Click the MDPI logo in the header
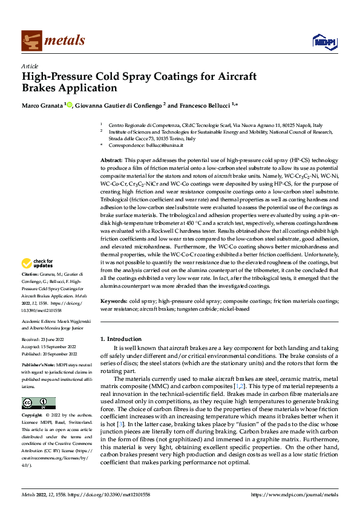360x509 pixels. point(322,41)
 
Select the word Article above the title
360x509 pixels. point(30,66)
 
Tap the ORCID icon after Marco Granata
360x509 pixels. point(70,105)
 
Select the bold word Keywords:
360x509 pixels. point(113,300)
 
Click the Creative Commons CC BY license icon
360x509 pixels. point(38,403)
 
